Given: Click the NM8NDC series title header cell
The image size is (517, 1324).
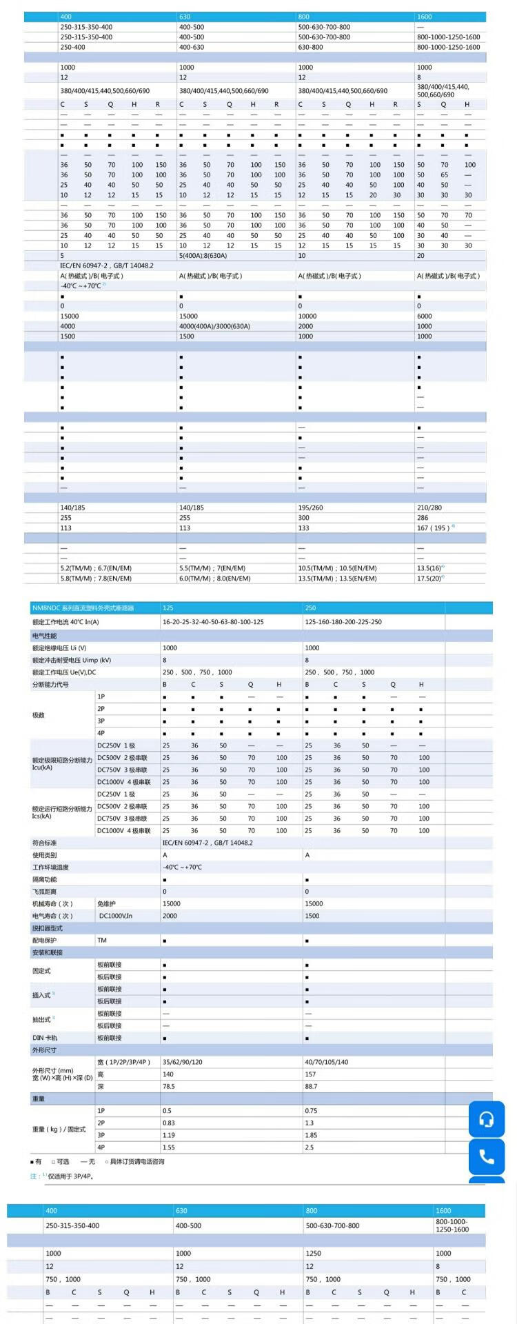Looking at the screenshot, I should click(x=83, y=608).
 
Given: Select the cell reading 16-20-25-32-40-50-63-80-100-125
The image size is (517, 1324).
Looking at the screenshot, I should click(x=213, y=622).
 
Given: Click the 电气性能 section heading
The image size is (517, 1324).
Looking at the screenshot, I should click(x=45, y=636).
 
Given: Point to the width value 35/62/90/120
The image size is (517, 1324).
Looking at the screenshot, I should click(x=183, y=1063).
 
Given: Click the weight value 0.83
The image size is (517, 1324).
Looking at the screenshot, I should click(x=168, y=1123).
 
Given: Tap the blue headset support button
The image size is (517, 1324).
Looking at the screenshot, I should click(x=487, y=1119).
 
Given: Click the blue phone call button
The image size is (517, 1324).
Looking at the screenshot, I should click(x=487, y=1156).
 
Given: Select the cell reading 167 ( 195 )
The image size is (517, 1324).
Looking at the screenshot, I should click(x=434, y=528).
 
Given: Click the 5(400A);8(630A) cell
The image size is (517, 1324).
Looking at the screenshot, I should click(x=203, y=255).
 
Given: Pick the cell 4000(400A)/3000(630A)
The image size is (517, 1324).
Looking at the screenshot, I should click(x=214, y=326).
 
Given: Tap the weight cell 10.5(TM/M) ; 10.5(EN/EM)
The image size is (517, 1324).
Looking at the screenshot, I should click(x=337, y=568).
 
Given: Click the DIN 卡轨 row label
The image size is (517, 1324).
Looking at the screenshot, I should click(x=45, y=1038).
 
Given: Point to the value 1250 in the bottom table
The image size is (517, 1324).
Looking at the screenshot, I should click(x=314, y=1254).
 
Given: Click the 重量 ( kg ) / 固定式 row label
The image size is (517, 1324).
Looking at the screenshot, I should click(x=59, y=1130).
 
